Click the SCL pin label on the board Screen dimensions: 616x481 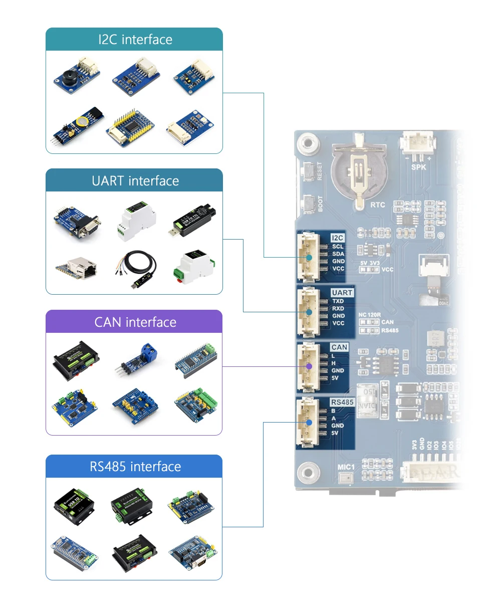click(x=338, y=247)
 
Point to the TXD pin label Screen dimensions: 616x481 click(x=338, y=301)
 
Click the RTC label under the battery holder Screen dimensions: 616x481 click(x=377, y=205)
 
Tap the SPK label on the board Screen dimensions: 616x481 click(x=418, y=167)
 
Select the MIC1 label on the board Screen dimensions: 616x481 click(x=346, y=467)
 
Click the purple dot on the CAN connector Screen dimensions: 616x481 click(x=309, y=366)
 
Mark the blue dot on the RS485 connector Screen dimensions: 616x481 click(x=309, y=422)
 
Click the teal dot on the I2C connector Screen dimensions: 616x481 click(x=309, y=257)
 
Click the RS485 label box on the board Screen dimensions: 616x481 click(x=342, y=402)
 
